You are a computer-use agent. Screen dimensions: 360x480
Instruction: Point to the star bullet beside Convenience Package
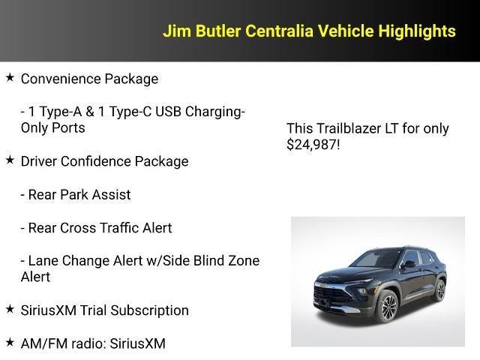pos(10,78)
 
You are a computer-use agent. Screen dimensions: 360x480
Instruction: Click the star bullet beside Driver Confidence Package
pos(10,160)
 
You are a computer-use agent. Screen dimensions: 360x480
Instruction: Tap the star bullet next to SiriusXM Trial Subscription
pos(10,310)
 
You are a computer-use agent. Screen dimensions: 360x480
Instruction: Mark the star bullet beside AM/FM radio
pos(10,343)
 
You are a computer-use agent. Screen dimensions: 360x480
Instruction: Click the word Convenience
pos(57,79)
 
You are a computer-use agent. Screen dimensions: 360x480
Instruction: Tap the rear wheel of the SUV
pos(440,290)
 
